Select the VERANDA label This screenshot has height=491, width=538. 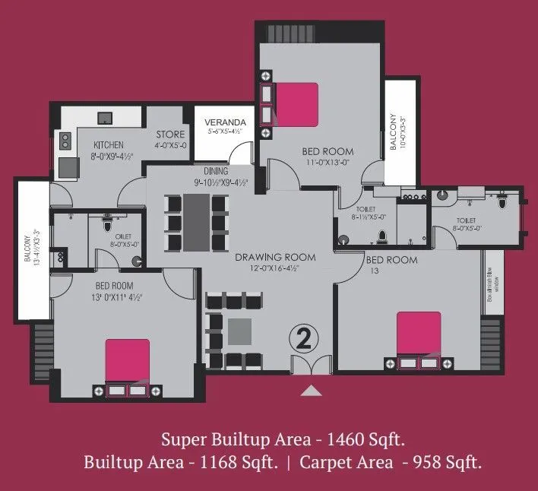coord(226,122)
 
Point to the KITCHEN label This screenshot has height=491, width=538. coord(109,145)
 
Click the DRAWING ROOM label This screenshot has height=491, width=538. coord(275,257)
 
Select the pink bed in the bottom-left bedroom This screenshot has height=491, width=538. coord(127,360)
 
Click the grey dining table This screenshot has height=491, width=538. coord(198,222)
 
